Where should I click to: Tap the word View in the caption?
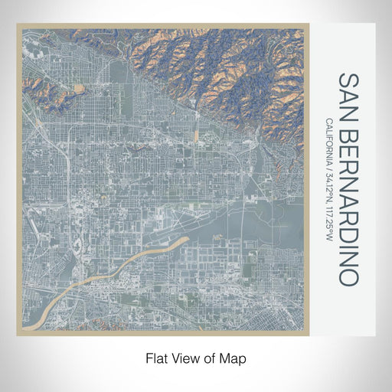[x=185, y=358]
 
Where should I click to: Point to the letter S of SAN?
[x=348, y=80]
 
